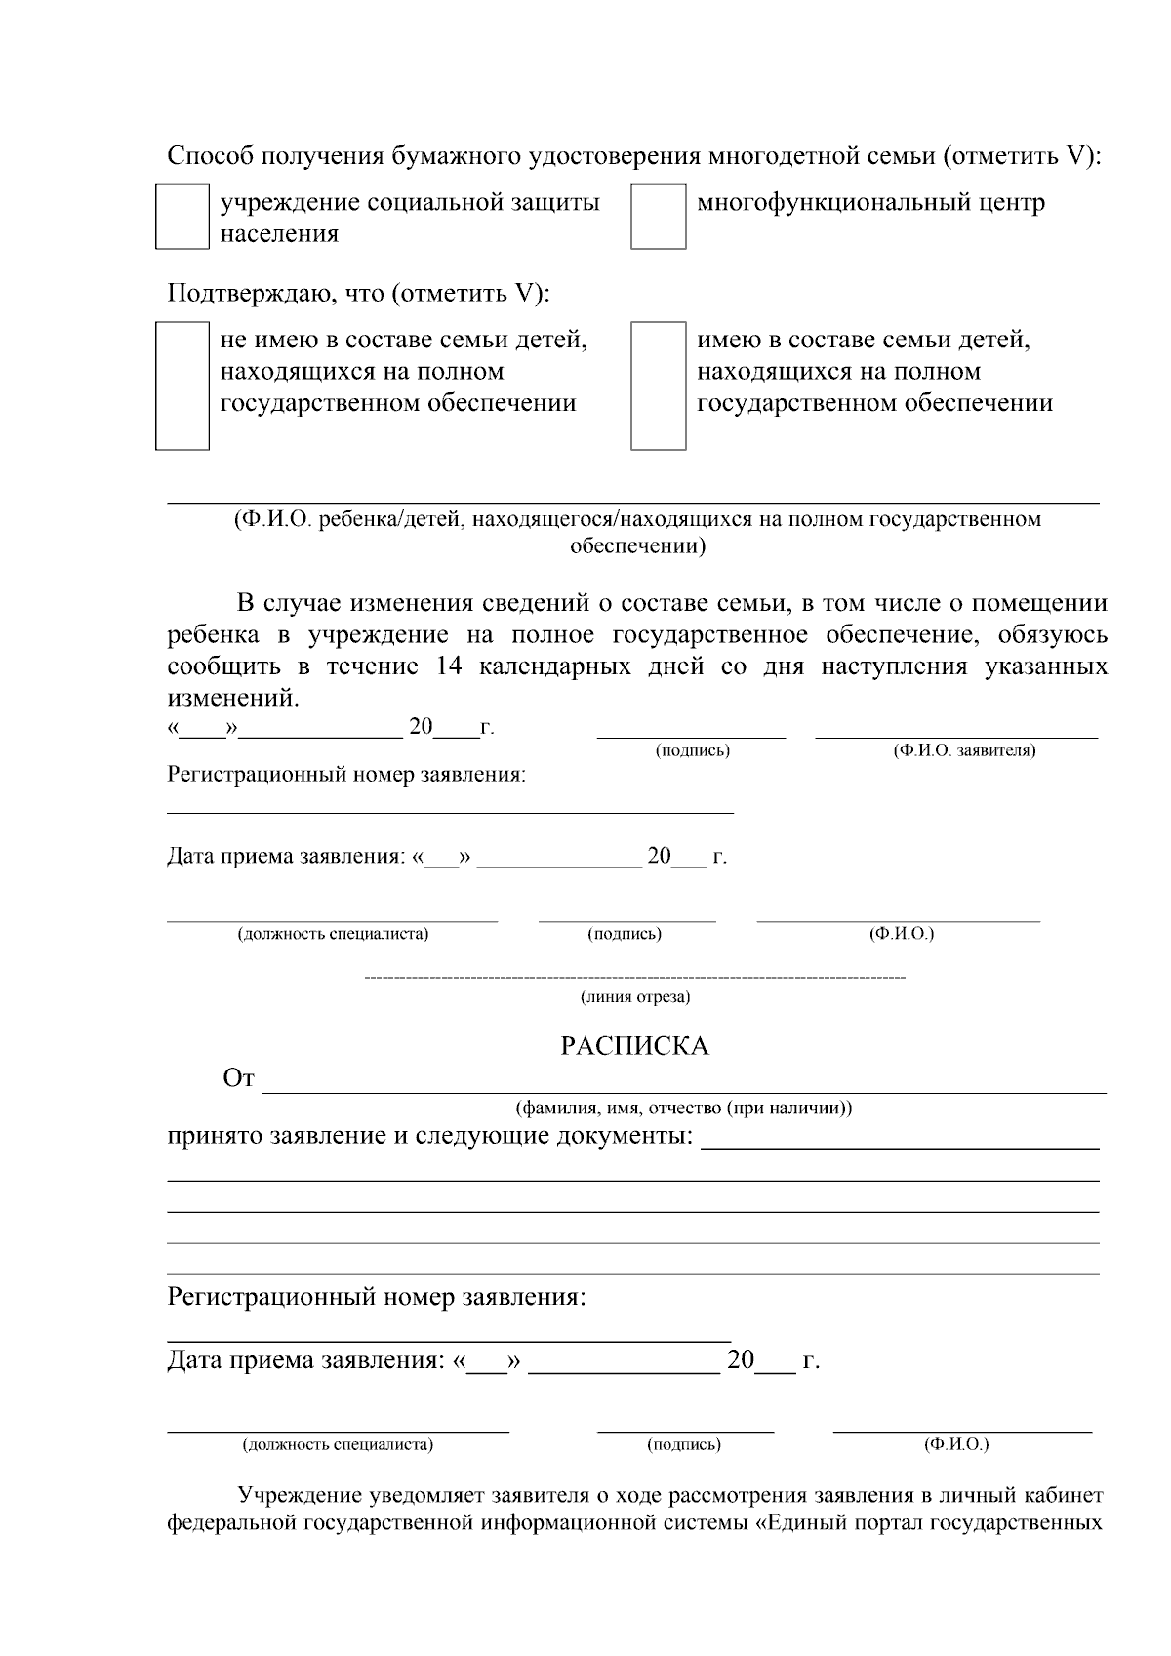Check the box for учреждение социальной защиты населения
tap(182, 218)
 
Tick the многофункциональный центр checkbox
tap(658, 218)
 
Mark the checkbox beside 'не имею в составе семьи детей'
tap(182, 385)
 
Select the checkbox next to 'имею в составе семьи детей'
tap(658, 385)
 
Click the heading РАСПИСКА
tap(634, 1046)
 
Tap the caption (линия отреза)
tap(635, 997)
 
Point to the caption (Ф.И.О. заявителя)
tap(964, 750)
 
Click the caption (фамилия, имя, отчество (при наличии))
tap(684, 1109)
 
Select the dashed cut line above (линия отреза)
tap(634, 977)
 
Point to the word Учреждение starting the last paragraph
tap(303, 1496)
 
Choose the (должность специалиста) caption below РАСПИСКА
tap(338, 1444)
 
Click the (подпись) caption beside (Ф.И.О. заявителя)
tap(693, 750)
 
